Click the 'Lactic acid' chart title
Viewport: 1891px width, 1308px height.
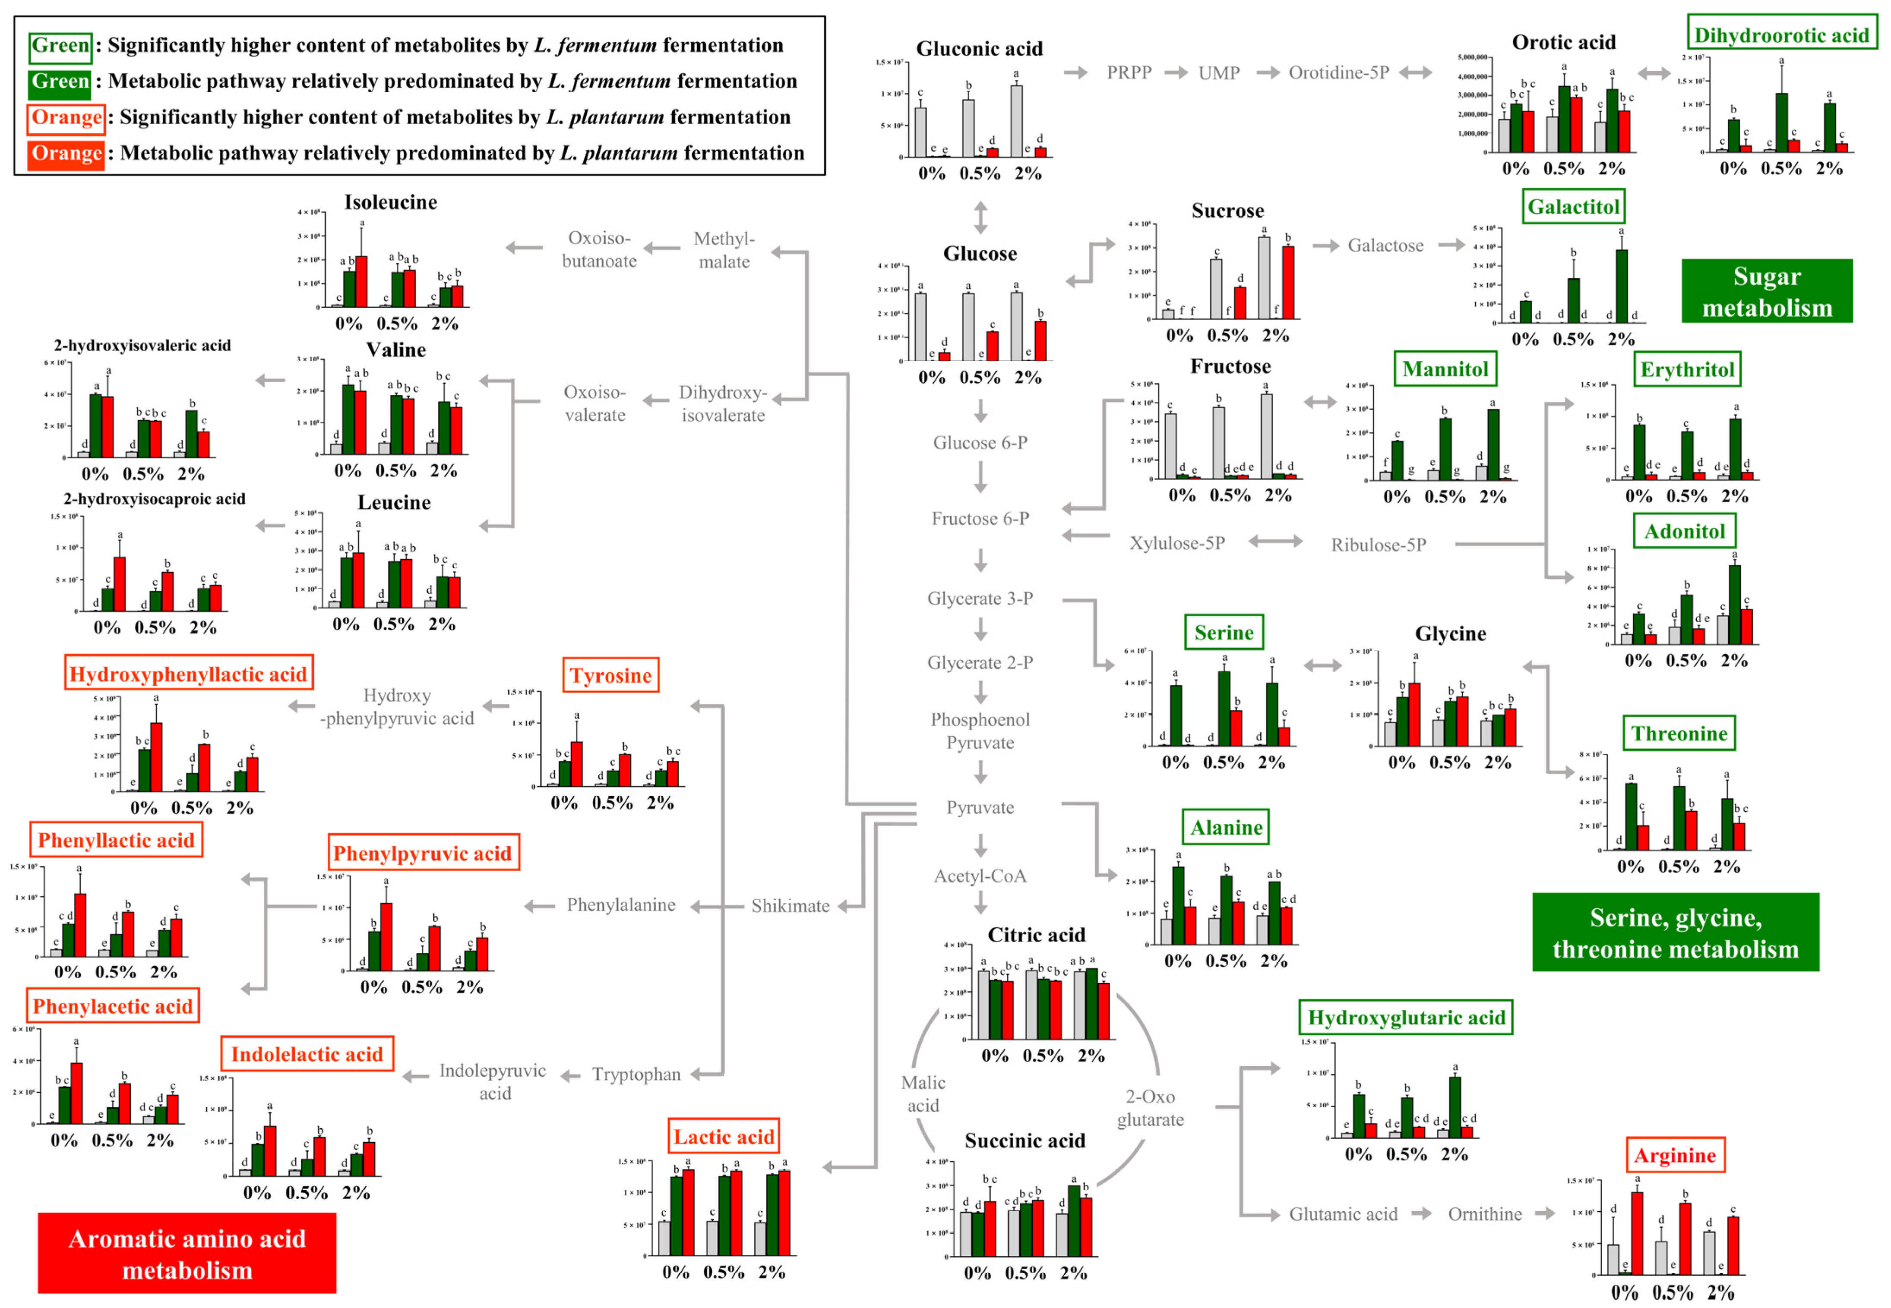click(x=723, y=1136)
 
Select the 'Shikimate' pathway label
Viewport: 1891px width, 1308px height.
click(x=790, y=906)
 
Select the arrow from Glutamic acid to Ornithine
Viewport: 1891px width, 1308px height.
click(x=1420, y=1214)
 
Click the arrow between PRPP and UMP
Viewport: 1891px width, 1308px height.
click(x=1176, y=73)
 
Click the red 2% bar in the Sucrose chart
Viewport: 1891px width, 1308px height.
click(x=1288, y=283)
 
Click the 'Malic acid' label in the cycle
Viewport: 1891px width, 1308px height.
click(x=923, y=1094)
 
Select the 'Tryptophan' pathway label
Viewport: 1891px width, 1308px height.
click(x=636, y=1075)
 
